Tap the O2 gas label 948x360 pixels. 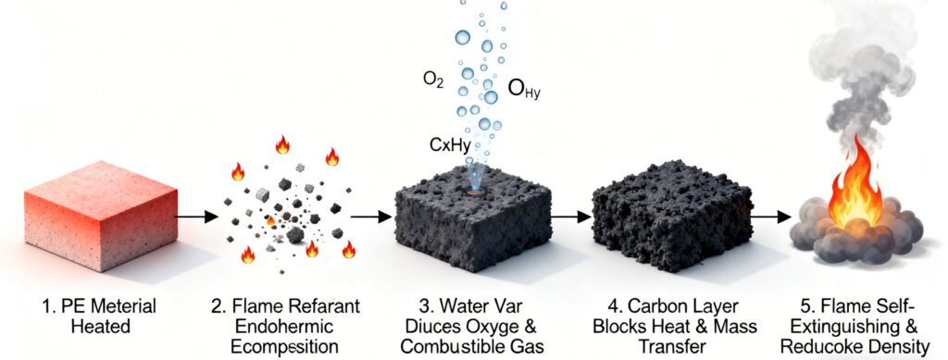pos(432,82)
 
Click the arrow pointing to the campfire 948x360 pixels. pos(764,217)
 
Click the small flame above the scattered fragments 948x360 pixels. pos(282,144)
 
